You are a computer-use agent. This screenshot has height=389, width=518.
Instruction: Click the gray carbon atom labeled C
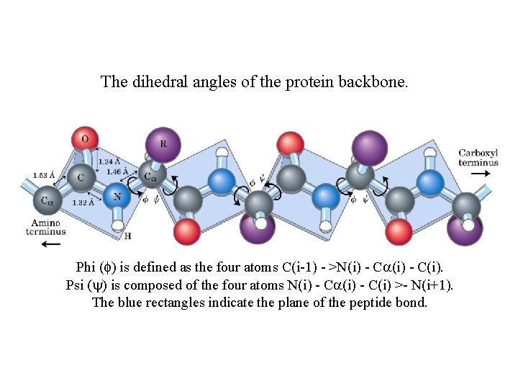pos(80,176)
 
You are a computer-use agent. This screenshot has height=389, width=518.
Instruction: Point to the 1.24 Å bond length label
pos(109,161)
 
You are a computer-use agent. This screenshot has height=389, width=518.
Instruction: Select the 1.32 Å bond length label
pos(84,202)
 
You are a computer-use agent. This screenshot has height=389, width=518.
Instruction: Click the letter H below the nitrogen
pos(127,236)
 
